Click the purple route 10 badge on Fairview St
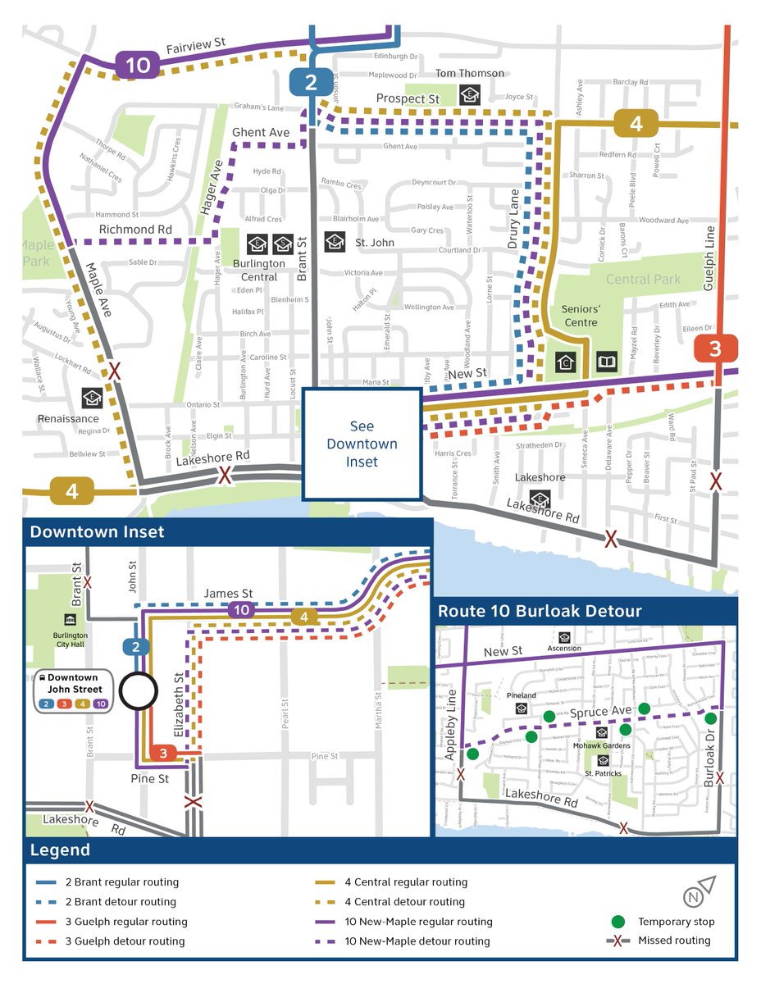(137, 65)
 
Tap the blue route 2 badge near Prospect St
(311, 82)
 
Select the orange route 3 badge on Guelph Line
(715, 348)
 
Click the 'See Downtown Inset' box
(362, 444)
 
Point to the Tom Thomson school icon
(468, 93)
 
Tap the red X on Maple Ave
(116, 371)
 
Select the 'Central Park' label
(643, 280)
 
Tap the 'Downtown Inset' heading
(97, 532)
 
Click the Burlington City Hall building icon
(71, 620)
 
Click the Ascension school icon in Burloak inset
(564, 637)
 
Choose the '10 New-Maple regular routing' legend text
(418, 922)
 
